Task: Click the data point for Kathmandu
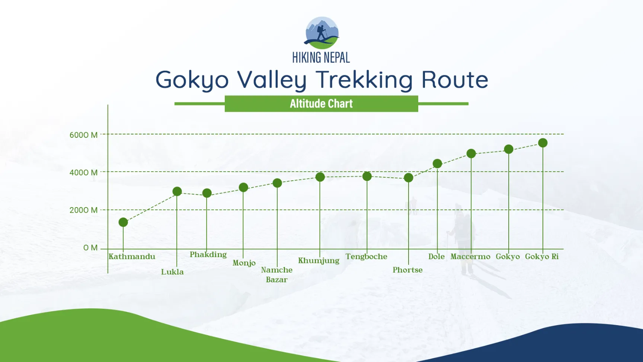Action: point(123,222)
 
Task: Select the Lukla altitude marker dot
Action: point(177,191)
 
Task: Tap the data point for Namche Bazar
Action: point(277,183)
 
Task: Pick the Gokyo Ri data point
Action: point(543,143)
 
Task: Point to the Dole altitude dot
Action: point(437,163)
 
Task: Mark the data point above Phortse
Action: point(409,178)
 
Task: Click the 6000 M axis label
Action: point(83,135)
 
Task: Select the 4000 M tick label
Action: point(83,172)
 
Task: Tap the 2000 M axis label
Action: point(83,210)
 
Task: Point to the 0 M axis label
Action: point(90,248)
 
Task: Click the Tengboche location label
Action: point(366,257)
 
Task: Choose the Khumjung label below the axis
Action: point(319,260)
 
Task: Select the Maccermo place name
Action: point(470,257)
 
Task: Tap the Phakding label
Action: point(208,254)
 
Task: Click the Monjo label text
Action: point(244,263)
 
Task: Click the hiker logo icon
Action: point(322,33)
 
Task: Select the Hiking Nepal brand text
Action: point(321,58)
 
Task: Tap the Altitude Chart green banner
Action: point(321,104)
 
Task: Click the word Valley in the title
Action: point(272,80)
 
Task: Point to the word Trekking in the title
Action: point(364,80)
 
